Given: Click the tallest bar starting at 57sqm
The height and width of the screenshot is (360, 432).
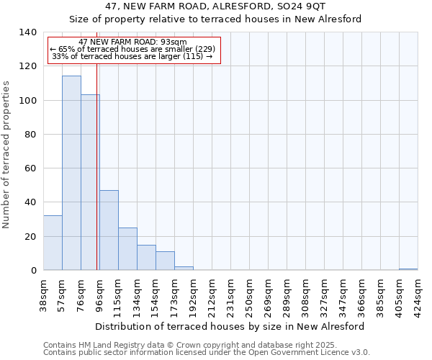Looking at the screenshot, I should coord(71,173).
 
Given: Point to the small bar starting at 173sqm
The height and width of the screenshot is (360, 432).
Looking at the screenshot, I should coord(184,269).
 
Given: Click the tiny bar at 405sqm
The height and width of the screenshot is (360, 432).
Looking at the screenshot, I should coord(408,269).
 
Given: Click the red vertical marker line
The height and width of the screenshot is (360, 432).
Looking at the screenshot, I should coord(96,180).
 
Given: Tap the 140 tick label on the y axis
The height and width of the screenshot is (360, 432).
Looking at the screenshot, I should coord(27,32).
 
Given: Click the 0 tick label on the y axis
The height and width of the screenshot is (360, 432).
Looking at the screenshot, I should coord(33,271).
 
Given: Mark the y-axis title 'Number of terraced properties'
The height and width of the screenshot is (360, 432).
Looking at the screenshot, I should coord(6,154).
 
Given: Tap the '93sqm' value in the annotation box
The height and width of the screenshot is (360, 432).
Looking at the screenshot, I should coord(174,42).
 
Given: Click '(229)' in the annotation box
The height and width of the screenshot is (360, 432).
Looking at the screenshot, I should coord(200,49).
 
